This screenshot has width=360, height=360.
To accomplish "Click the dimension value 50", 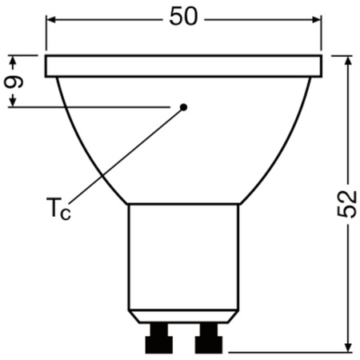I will [184, 18].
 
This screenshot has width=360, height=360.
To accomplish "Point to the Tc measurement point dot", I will [183, 106].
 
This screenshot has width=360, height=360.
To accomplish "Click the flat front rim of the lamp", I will [184, 66].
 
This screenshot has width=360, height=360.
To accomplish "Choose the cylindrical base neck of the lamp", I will [184, 256].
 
